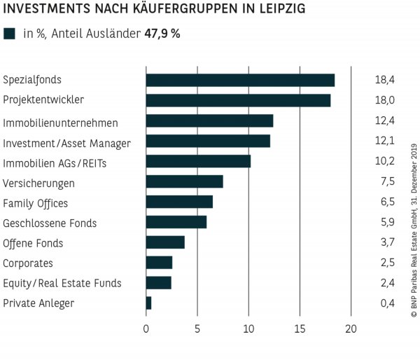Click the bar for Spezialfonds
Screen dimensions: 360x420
(240, 80)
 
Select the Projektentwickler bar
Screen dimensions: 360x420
(238, 100)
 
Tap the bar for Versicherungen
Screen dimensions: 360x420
(184, 182)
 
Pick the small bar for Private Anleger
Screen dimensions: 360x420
(148, 303)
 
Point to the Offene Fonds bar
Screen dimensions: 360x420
(165, 242)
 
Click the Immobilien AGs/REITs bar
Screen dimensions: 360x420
(198, 162)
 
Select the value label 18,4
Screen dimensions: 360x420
(385, 80)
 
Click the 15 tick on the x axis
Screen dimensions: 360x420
(300, 328)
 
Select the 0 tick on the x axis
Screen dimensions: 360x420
(146, 328)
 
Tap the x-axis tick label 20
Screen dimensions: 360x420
(351, 328)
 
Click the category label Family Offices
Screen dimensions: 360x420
(36, 203)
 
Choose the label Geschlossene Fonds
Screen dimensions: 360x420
(50, 223)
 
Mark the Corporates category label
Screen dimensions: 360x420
(28, 263)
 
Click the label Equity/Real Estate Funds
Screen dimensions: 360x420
(62, 284)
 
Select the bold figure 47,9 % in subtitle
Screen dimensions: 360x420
(162, 34)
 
